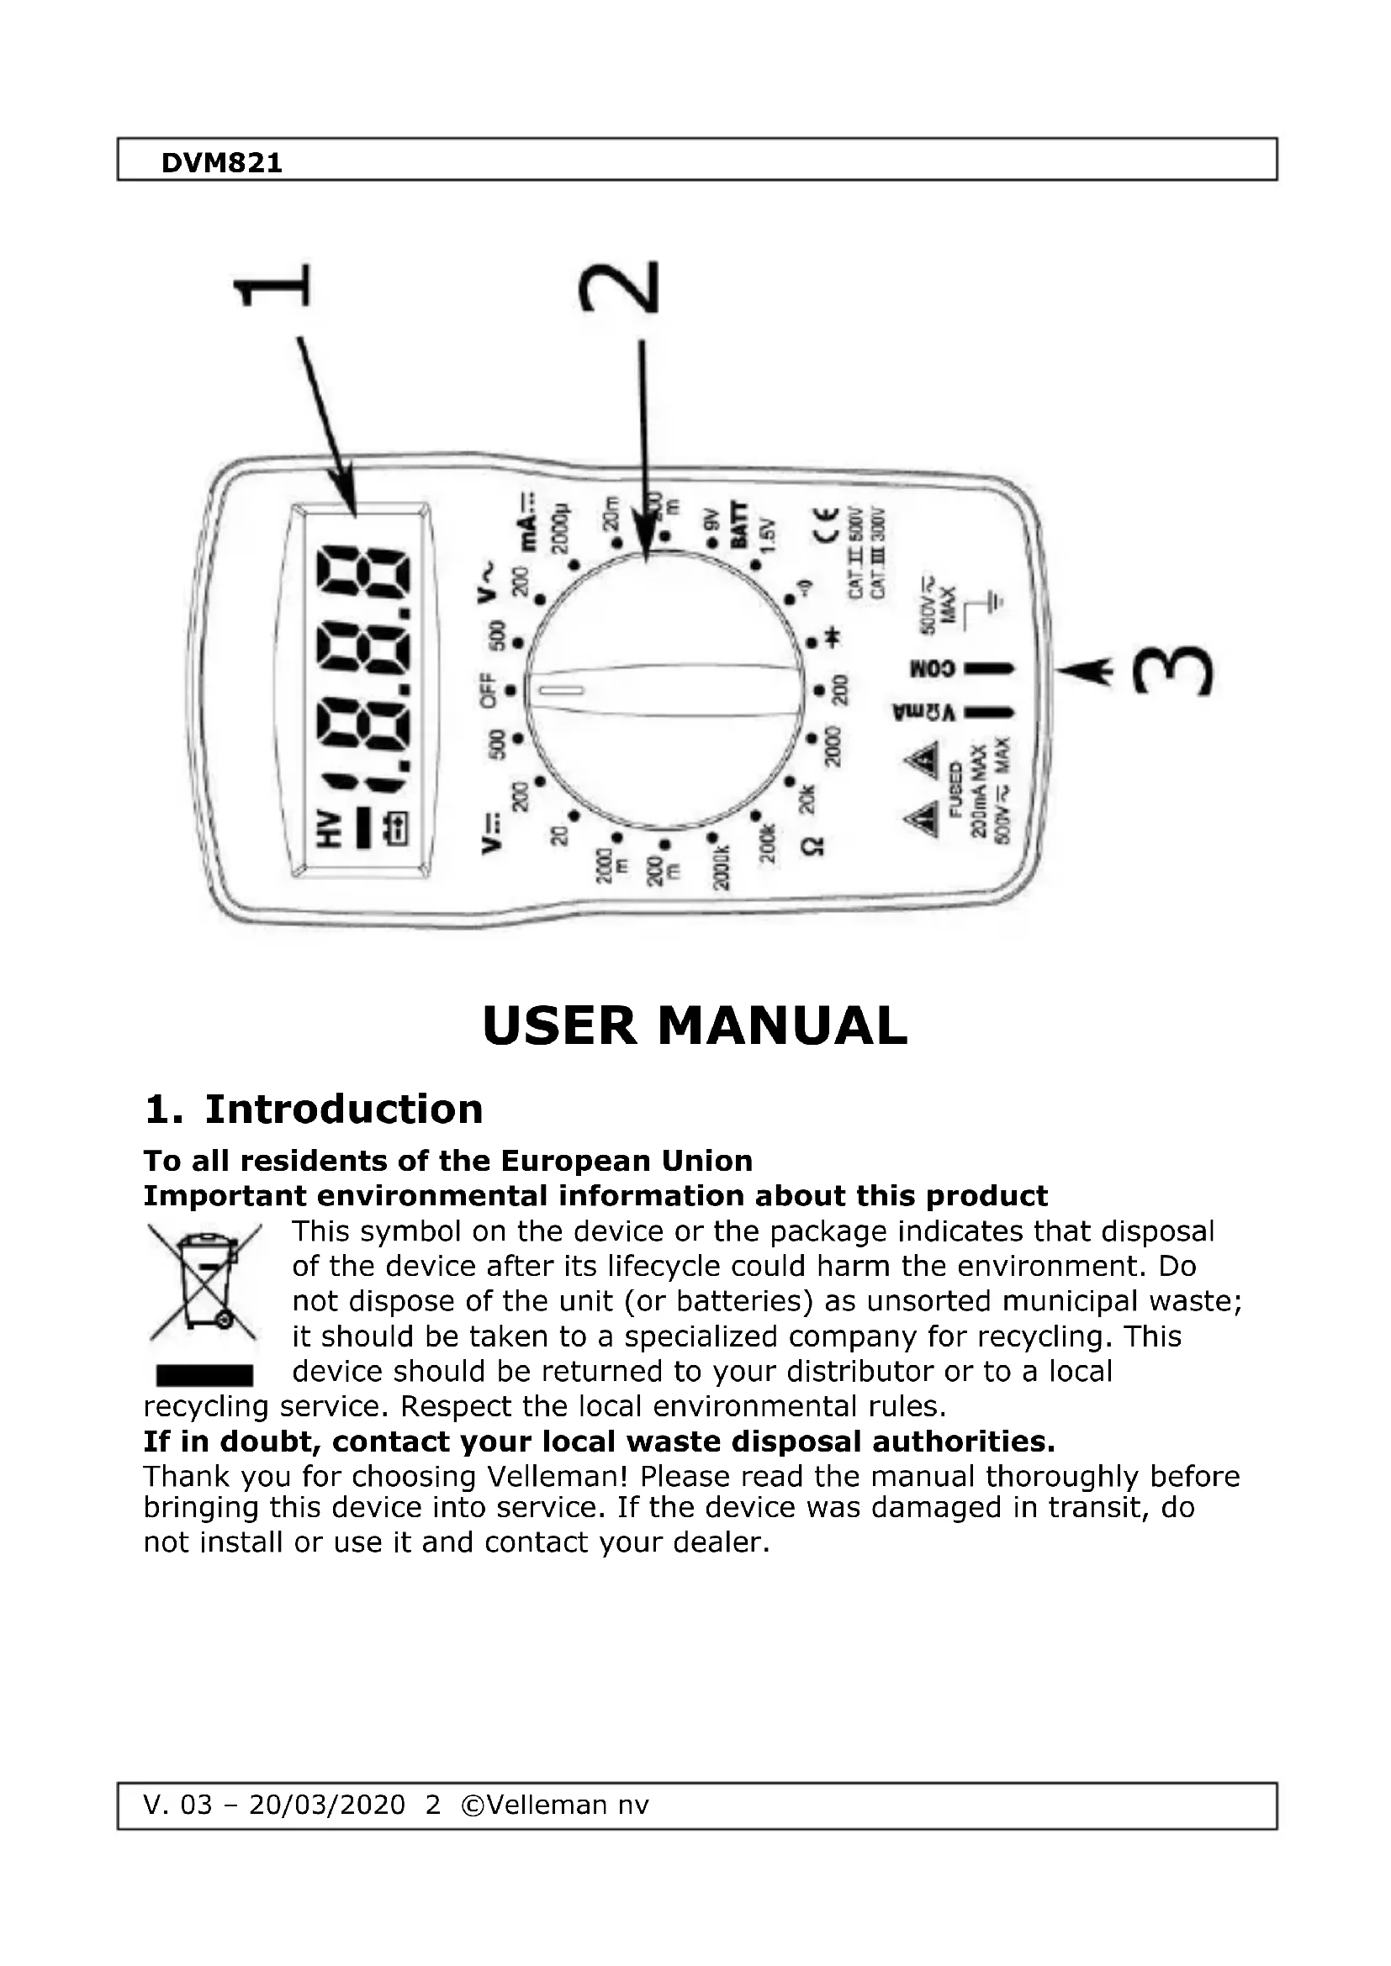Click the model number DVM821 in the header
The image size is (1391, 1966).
pyautogui.click(x=222, y=163)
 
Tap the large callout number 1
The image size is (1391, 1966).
pyautogui.click(x=272, y=286)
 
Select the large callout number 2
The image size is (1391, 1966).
pyautogui.click(x=619, y=287)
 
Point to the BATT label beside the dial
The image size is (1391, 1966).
pyautogui.click(x=738, y=524)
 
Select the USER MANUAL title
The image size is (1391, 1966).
pyautogui.click(x=695, y=1025)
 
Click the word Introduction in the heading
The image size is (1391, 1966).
pyautogui.click(x=343, y=1109)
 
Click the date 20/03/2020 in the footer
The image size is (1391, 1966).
pyautogui.click(x=326, y=1805)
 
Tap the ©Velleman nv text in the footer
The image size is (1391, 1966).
pyautogui.click(x=555, y=1805)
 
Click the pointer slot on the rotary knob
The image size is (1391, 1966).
pyautogui.click(x=561, y=690)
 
